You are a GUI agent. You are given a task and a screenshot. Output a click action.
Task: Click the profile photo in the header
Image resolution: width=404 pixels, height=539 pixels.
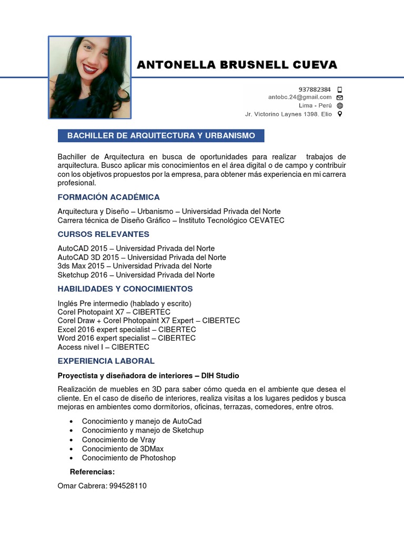[89, 77]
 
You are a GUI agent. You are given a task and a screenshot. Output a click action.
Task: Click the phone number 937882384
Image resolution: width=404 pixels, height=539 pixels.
[315, 89]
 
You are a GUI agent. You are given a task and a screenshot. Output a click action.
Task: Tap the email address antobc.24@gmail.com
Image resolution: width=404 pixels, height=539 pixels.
[300, 97]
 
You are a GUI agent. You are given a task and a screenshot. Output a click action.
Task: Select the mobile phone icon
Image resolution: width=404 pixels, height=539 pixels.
[340, 89]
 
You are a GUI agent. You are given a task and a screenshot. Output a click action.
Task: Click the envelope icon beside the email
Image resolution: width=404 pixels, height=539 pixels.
[340, 97]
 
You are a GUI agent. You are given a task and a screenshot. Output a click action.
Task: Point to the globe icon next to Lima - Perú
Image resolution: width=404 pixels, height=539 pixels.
[340, 105]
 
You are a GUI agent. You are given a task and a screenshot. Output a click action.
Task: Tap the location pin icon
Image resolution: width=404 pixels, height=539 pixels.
[340, 114]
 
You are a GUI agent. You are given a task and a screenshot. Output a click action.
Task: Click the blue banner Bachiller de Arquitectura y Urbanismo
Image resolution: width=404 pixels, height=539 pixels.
[161, 136]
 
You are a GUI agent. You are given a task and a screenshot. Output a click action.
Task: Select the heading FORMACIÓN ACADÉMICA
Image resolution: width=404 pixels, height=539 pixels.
[108, 197]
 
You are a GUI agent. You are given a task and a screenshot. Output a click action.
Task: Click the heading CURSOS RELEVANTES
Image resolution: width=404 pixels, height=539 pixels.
[103, 234]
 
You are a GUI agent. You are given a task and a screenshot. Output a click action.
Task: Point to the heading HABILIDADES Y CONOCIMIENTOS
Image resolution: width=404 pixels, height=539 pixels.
[125, 289]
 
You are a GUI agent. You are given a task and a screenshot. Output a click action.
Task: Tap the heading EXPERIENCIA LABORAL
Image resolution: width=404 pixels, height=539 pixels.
[106, 361]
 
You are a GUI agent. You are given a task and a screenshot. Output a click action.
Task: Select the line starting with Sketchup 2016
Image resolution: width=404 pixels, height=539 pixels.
[136, 275]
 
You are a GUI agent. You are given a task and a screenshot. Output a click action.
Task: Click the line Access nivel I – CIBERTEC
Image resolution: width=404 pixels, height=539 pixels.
[103, 347]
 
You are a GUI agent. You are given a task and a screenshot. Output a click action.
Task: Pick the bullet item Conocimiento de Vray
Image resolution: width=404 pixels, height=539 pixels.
[118, 440]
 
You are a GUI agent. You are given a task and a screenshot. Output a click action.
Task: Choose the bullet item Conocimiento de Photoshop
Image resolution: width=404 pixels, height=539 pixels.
[128, 458]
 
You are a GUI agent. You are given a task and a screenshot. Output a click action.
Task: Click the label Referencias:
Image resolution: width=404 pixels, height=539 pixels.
[92, 472]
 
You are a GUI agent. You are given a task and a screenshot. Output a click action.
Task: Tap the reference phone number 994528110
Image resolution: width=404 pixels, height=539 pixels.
[128, 486]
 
